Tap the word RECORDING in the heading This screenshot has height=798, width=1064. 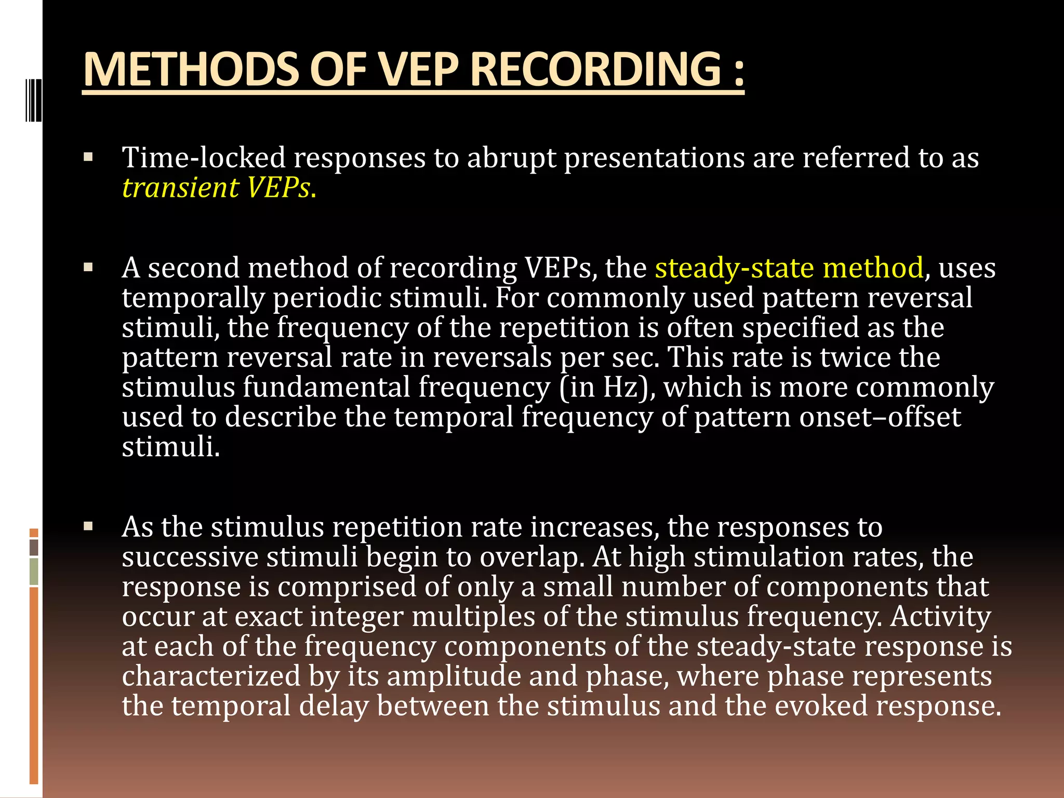(x=595, y=70)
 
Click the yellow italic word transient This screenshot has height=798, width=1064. (x=180, y=188)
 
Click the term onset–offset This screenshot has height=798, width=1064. (x=880, y=417)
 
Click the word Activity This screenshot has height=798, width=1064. (x=940, y=617)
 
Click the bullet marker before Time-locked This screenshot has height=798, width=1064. (x=88, y=157)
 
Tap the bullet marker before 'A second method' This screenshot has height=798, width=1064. (x=88, y=268)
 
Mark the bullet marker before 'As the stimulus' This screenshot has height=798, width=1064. (x=88, y=527)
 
